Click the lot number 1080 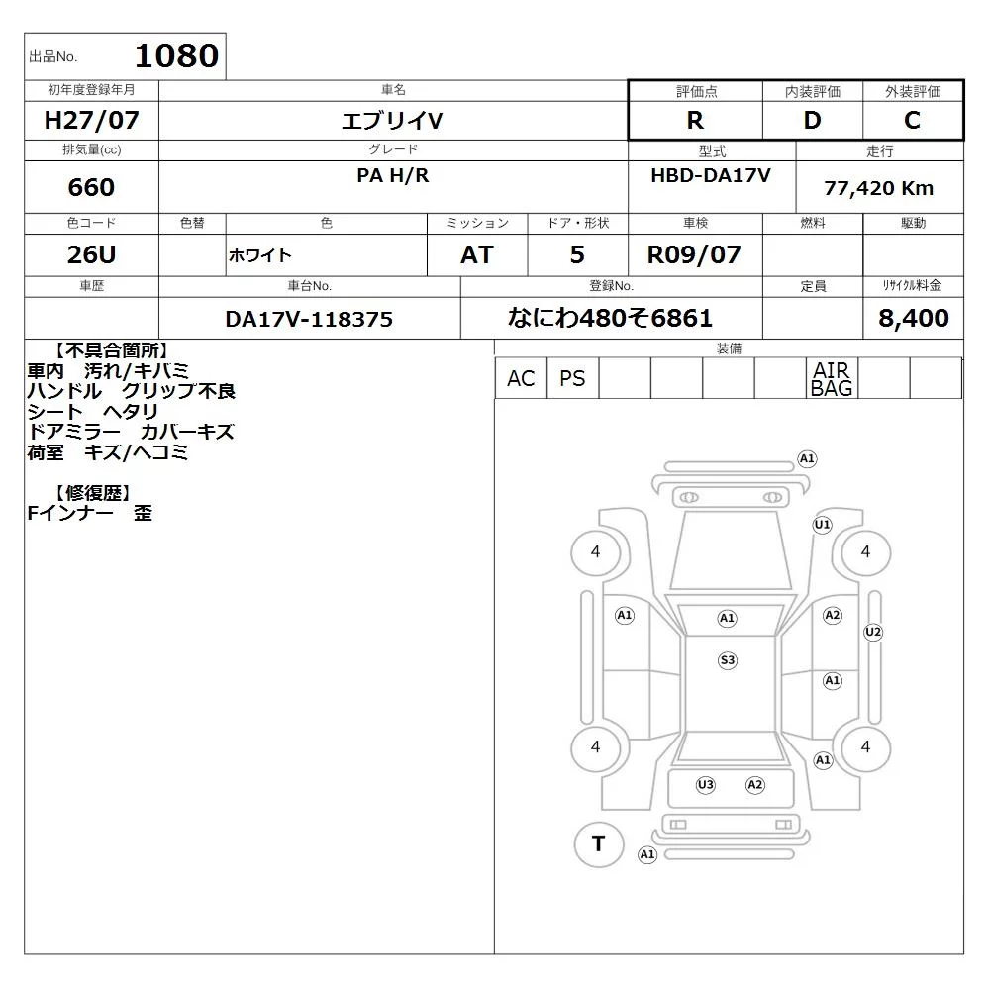pos(177,55)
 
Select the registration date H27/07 pos(91,120)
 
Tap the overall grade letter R pos(695,120)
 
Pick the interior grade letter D pos(812,120)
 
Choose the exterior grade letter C pos(912,120)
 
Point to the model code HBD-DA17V pos(711,175)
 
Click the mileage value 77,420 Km pos(879,188)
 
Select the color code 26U pos(91,254)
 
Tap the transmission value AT pos(477,254)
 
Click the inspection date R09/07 pos(694,254)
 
